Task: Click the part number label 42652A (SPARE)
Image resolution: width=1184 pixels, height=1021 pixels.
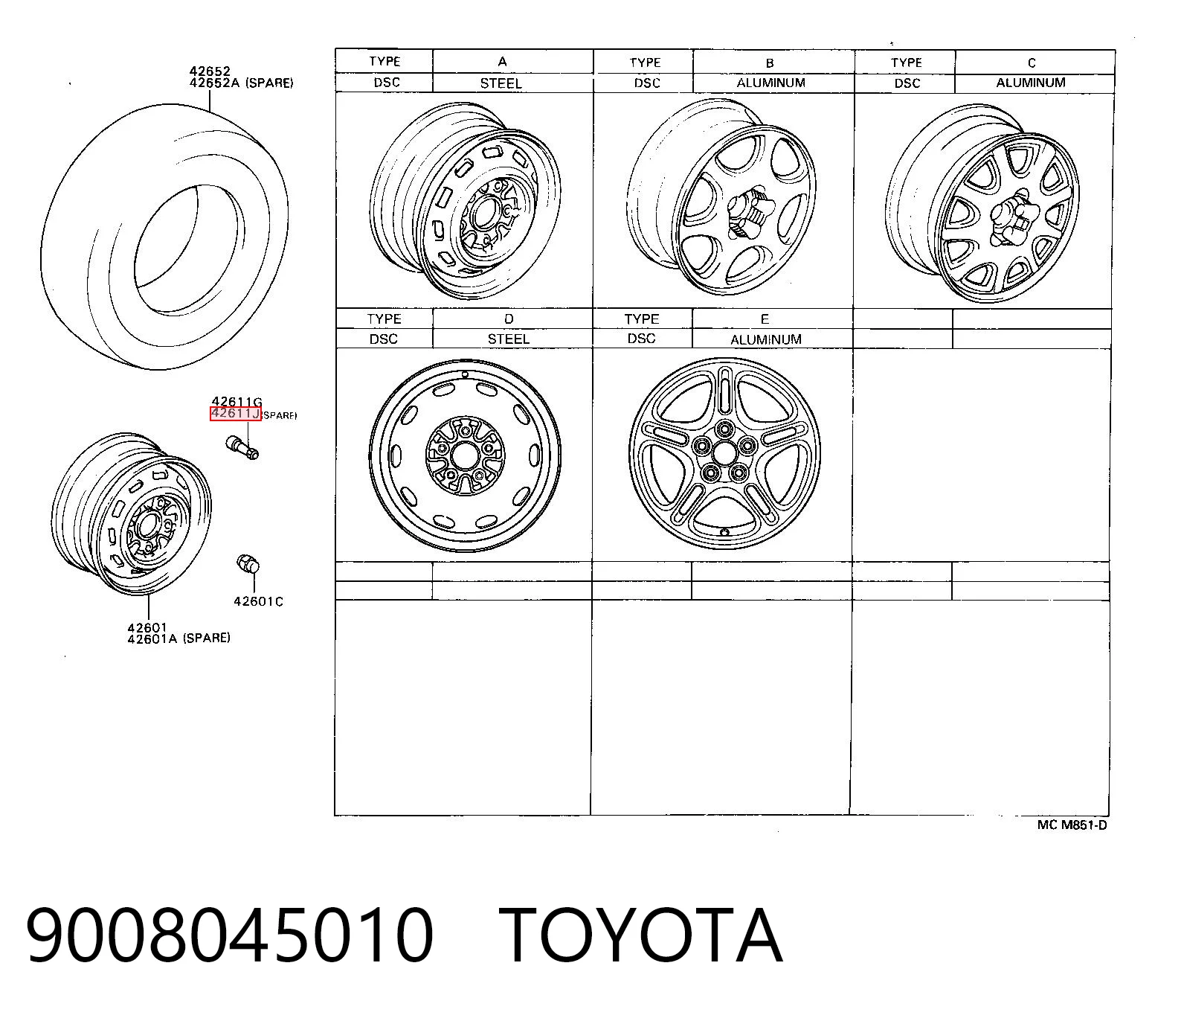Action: click(x=241, y=83)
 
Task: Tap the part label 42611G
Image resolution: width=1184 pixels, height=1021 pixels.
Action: click(x=237, y=402)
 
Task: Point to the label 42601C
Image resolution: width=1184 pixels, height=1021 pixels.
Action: click(x=258, y=601)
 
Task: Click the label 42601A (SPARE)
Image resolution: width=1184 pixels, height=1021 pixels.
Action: click(x=178, y=638)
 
